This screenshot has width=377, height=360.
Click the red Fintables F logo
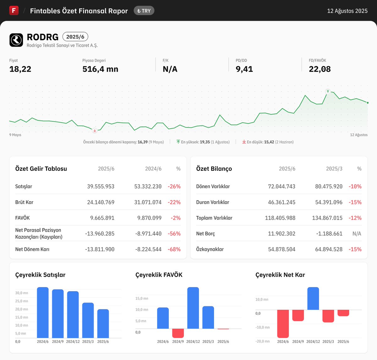click(x=14, y=10)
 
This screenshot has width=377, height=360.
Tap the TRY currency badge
click(x=144, y=11)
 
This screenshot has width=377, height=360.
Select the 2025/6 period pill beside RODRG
click(x=75, y=37)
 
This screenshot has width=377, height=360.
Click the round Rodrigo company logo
click(x=16, y=40)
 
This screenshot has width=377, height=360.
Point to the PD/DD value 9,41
click(x=244, y=69)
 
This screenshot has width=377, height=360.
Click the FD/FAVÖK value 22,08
click(x=320, y=69)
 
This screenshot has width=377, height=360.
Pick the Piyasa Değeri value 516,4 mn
click(x=100, y=69)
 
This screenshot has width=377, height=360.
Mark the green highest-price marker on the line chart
click(x=328, y=91)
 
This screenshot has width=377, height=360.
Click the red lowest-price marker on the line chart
click(x=95, y=130)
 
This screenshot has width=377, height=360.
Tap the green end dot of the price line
click(x=368, y=103)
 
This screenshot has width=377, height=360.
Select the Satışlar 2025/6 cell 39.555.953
click(x=101, y=186)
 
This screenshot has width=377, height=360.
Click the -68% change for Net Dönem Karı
click(x=174, y=249)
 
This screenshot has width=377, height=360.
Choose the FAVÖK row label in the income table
click(x=23, y=218)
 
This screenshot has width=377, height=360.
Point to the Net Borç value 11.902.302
click(x=281, y=234)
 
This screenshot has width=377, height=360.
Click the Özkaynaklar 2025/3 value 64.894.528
click(x=329, y=249)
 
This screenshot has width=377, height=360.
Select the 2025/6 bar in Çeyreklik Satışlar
click(x=103, y=324)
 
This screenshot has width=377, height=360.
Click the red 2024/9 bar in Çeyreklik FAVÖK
click(x=178, y=333)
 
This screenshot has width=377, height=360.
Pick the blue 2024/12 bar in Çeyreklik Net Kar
click(x=313, y=298)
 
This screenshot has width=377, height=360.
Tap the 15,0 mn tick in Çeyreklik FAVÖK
click(x=142, y=298)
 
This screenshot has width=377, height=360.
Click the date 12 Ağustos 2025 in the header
click(x=347, y=11)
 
